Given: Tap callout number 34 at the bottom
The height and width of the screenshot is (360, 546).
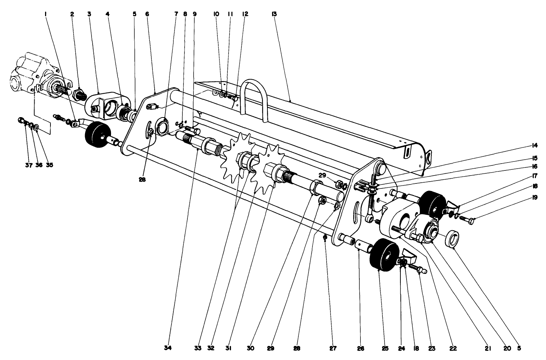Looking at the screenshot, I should coord(168,348).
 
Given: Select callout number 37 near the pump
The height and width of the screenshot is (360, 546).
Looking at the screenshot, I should coord(29,165).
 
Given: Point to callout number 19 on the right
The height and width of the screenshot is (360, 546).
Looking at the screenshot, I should coord(534,197).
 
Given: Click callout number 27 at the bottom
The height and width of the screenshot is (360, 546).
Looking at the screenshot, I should coord(333,348).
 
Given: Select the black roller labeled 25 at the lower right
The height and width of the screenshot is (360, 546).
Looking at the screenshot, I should coord(384,254).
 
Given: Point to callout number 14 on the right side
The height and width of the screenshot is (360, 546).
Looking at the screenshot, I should coord(534,146).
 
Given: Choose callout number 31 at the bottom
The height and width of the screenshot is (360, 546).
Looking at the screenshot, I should coord(228,348).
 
